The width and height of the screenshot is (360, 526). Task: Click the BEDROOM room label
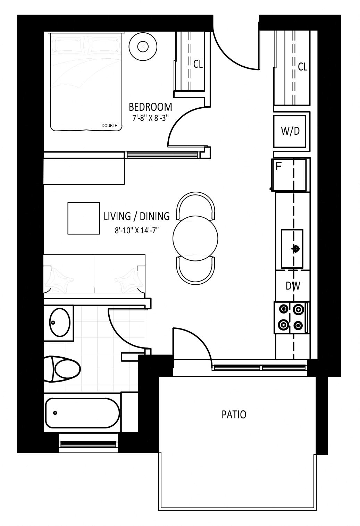150,107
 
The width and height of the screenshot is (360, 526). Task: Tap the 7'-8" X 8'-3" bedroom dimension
151,118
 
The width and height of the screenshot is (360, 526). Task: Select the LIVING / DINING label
137,216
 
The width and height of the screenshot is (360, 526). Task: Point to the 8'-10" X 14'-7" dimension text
137,231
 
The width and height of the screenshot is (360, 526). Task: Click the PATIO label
234,415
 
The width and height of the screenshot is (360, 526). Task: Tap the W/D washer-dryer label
290,131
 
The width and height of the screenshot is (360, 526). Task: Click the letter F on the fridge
278,167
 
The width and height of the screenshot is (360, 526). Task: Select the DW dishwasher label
293,286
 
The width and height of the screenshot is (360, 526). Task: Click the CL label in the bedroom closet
198,64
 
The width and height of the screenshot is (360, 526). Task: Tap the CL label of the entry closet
302,67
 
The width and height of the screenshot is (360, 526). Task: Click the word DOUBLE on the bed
109,126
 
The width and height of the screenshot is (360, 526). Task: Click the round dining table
195,238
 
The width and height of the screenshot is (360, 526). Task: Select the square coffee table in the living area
84,218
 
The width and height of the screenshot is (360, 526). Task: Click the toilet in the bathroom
62,369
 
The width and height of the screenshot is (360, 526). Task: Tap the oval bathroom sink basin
60,322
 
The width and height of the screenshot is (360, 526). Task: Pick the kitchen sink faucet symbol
295,249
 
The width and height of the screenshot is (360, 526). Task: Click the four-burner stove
291,317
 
